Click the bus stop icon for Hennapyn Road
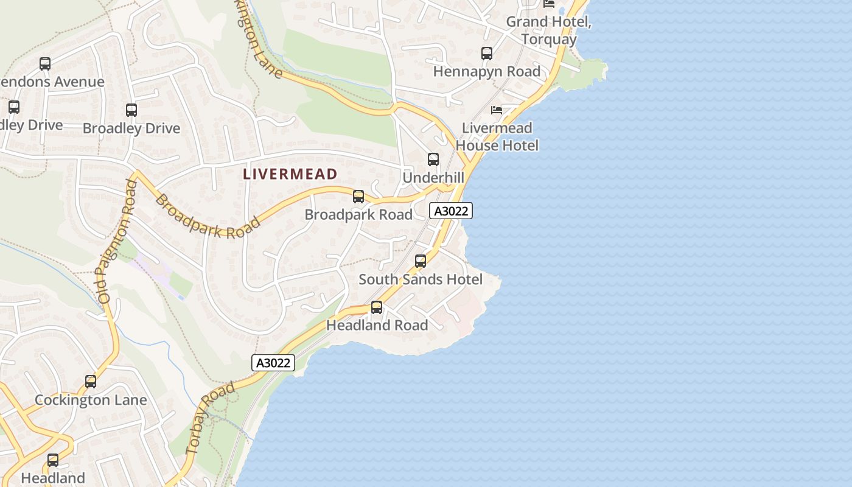click(487, 54)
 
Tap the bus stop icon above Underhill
click(433, 159)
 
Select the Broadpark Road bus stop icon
click(358, 197)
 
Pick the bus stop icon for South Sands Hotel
click(421, 261)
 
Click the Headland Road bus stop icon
click(377, 307)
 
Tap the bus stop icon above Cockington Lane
click(91, 382)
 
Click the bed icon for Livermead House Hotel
click(497, 110)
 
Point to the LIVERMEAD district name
click(290, 174)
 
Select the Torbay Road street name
click(209, 418)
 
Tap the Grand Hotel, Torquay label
click(549, 30)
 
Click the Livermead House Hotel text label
click(497, 137)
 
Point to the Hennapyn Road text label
click(487, 71)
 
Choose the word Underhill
click(433, 177)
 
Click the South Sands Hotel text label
click(421, 279)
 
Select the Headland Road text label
click(377, 325)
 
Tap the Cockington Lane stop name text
click(91, 400)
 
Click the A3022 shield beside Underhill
click(451, 211)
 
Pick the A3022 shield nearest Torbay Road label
click(273, 363)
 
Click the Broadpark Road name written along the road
click(207, 217)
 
